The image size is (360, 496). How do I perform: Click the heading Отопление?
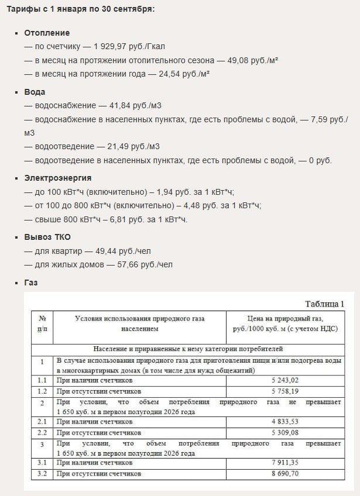point(47,33)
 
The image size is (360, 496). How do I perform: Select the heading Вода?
point(35,92)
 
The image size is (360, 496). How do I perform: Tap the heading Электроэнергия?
point(57,178)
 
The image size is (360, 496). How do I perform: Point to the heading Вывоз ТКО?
point(47,237)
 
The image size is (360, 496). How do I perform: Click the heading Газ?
point(30,282)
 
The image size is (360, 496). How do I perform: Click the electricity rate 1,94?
point(170,191)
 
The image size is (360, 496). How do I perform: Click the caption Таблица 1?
point(325,304)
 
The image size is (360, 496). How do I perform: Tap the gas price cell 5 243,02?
point(285,380)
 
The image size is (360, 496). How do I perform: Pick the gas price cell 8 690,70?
point(285,473)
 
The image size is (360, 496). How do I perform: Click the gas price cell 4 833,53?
point(285,421)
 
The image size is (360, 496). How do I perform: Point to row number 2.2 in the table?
point(42,432)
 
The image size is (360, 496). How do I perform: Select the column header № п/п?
point(42,323)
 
